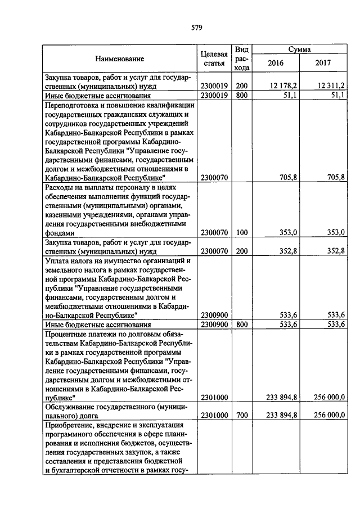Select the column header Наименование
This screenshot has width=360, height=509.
click(x=119, y=58)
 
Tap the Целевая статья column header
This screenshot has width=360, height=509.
click(x=214, y=58)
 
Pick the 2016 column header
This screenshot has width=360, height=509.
click(x=276, y=62)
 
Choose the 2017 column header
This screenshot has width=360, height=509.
click(x=323, y=62)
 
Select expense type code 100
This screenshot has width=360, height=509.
click(x=242, y=232)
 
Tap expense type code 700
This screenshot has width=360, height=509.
click(x=242, y=415)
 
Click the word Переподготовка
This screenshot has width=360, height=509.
click(x=73, y=105)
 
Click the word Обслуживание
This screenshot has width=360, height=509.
click(x=70, y=407)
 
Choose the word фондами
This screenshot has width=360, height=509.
click(x=58, y=232)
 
